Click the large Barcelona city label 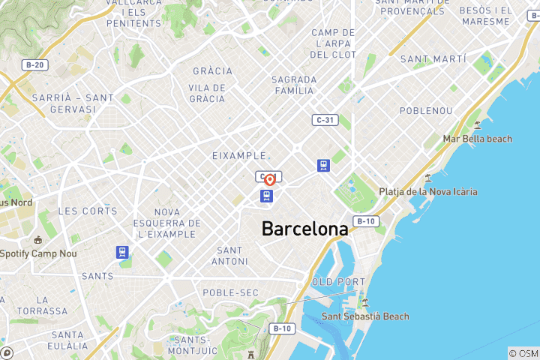point(304,229)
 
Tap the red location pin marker point(268,180)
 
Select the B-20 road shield point(33,65)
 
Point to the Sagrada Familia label point(292,85)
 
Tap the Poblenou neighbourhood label point(425,110)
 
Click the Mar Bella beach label point(477,139)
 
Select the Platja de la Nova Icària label point(427,192)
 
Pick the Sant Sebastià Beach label point(365,316)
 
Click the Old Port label point(334,282)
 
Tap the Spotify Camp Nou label point(39,253)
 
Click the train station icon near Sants point(122,253)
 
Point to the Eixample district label point(239,155)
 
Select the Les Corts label point(88,211)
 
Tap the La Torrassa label point(42,305)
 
